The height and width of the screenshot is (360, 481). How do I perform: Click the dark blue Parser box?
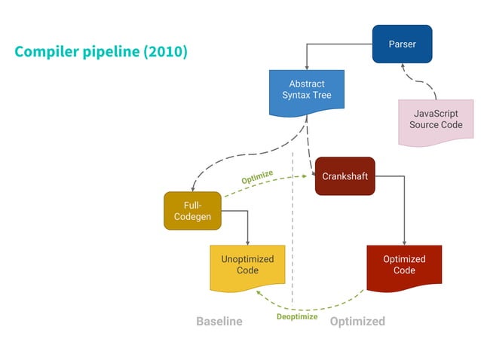pyautogui.click(x=402, y=44)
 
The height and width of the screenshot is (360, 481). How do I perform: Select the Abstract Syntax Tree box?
pyautogui.click(x=306, y=90)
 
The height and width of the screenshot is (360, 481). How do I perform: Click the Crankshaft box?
pyautogui.click(x=345, y=176)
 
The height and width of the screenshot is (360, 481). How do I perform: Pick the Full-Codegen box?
pyautogui.click(x=192, y=211)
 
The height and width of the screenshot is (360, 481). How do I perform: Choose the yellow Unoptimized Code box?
pyautogui.click(x=247, y=265)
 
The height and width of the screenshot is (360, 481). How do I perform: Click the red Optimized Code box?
pyautogui.click(x=404, y=265)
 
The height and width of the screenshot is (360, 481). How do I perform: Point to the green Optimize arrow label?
pyautogui.click(x=257, y=177)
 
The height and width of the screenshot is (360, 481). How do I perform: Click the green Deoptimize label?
pyautogui.click(x=296, y=317)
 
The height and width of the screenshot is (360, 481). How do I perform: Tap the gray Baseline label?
pyautogui.click(x=219, y=322)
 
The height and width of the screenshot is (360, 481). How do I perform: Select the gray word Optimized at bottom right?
pyautogui.click(x=357, y=322)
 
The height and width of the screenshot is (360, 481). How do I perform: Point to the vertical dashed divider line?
pyautogui.click(x=293, y=226)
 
